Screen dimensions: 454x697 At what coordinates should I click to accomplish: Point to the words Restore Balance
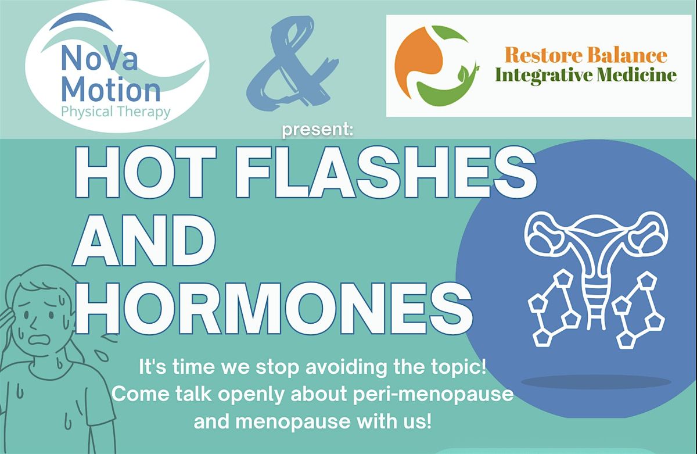[x=585, y=55]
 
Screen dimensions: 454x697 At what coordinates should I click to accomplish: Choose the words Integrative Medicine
[x=585, y=75]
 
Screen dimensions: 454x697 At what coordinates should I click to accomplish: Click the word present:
[x=318, y=131]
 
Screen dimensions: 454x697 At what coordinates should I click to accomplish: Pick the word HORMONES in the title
[x=274, y=307]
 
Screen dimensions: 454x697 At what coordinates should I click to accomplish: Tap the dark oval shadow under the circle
[x=596, y=382]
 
